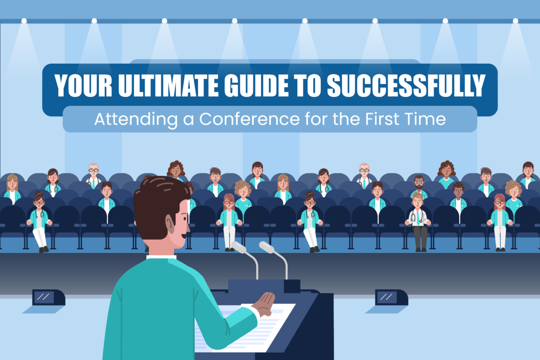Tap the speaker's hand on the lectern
click(264, 304)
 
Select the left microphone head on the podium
click(239, 247)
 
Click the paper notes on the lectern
click(245, 325)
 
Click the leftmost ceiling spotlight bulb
click(24, 21)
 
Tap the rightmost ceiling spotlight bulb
click(515, 21)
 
